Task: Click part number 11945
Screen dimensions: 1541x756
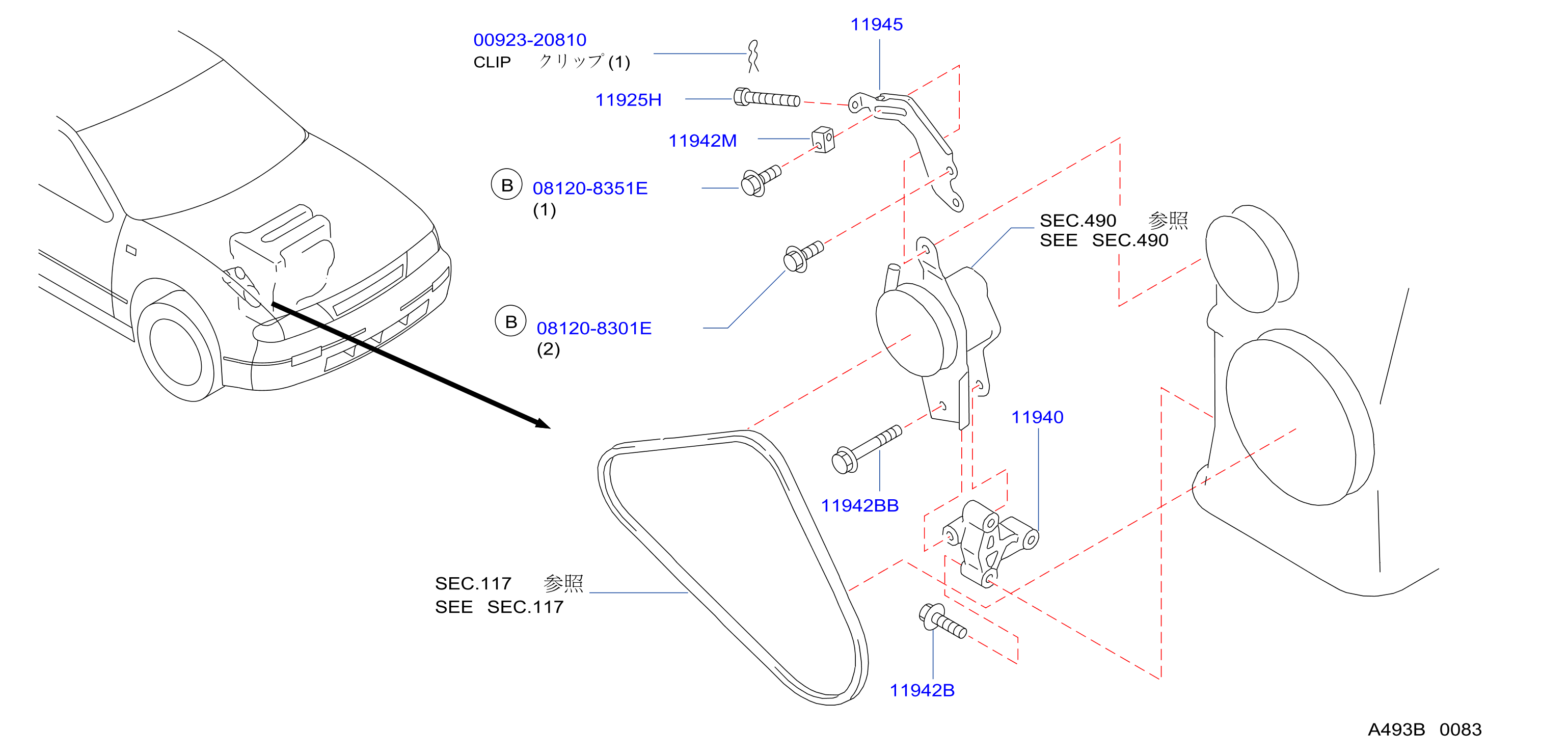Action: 876,24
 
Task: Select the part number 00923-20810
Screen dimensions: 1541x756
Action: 530,40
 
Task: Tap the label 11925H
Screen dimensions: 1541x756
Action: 628,100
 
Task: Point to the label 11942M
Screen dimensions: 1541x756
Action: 702,141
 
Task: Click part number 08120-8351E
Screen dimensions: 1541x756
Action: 590,188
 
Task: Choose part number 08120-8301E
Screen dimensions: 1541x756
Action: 594,329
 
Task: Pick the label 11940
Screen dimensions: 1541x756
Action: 1037,417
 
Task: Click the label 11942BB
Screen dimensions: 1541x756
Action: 859,505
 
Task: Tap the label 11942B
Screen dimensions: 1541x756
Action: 922,690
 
